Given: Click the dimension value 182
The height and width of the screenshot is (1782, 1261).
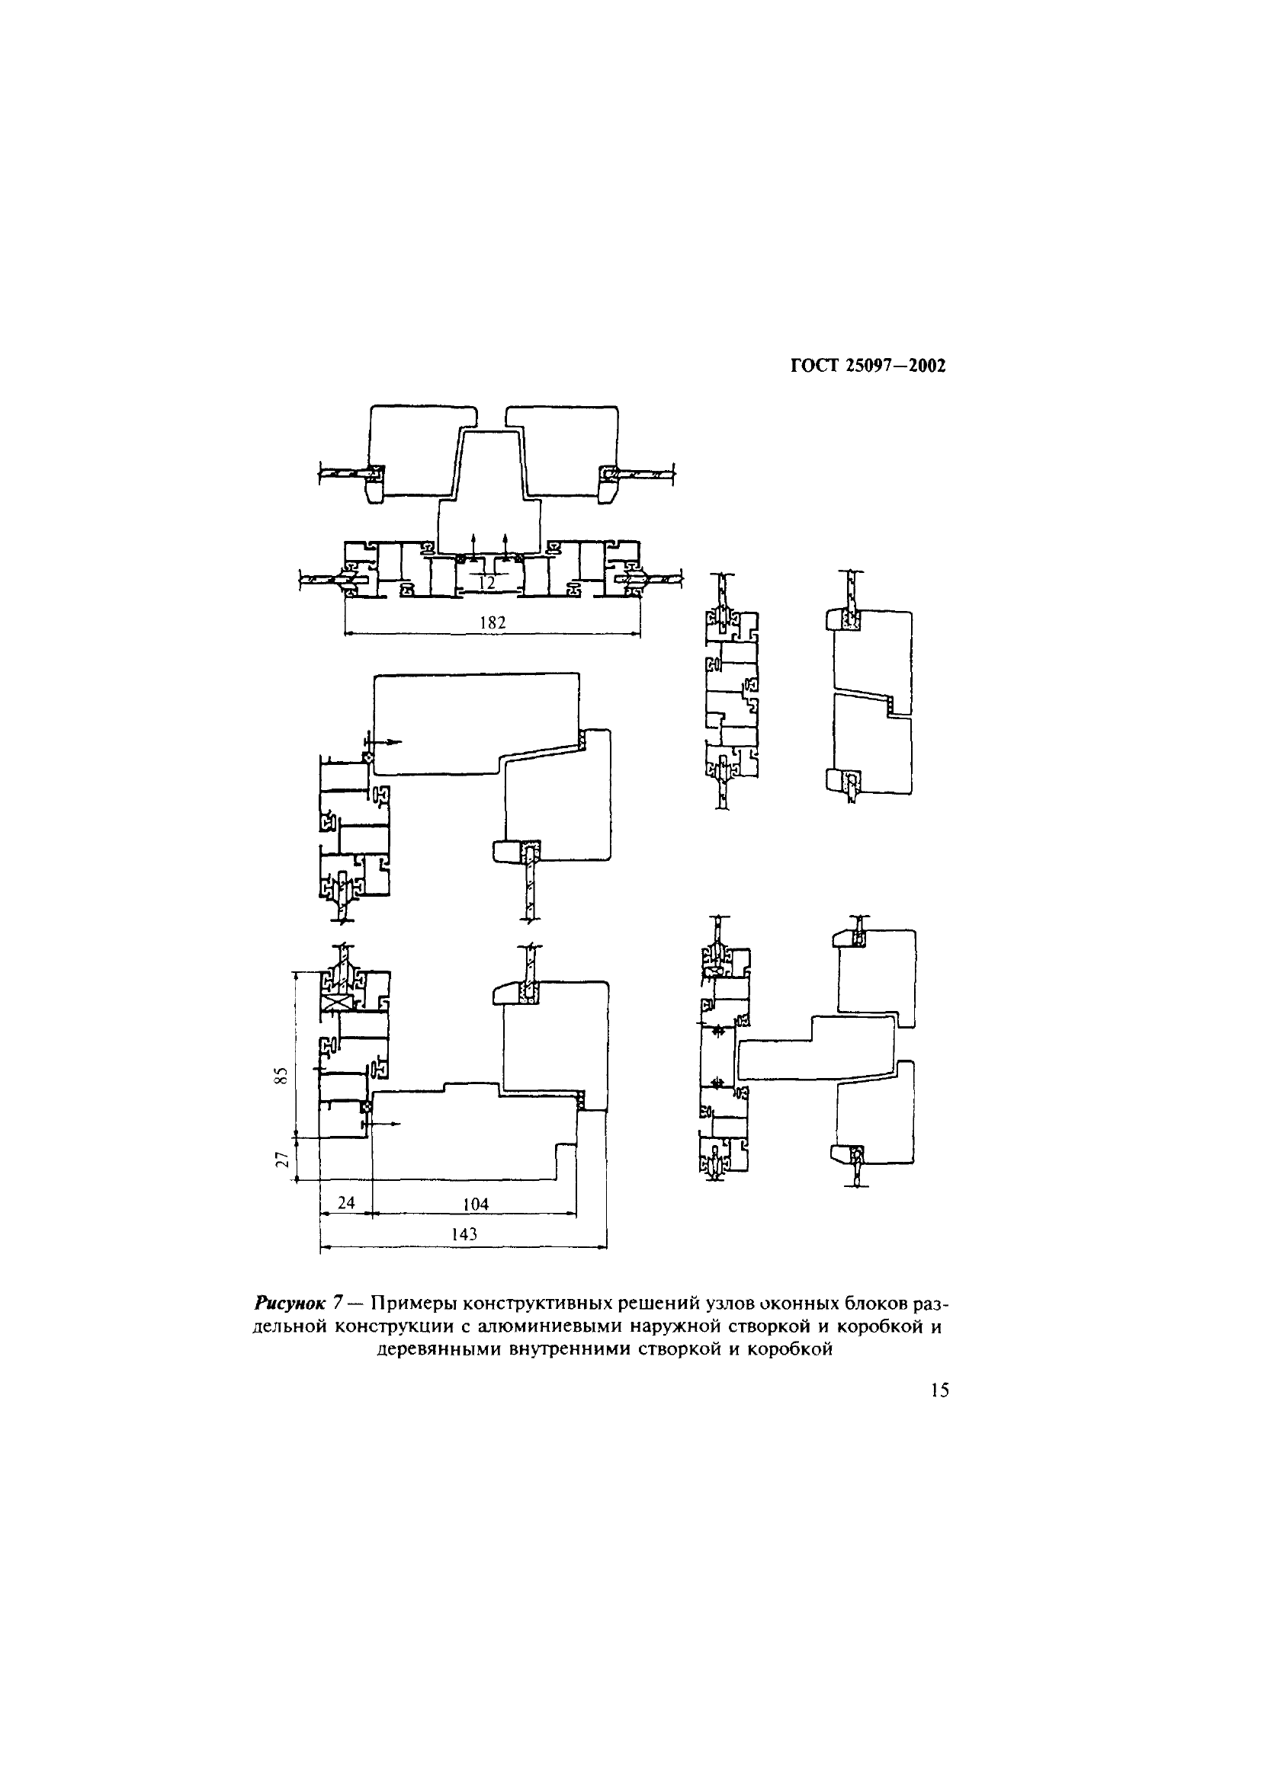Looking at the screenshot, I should (493, 622).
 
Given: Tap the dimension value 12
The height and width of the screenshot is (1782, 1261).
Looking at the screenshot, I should (487, 583).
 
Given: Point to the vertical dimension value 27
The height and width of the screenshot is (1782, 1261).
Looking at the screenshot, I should (284, 1160).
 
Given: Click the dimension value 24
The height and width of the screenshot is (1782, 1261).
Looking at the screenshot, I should (346, 1202).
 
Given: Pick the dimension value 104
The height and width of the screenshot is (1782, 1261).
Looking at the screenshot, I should (475, 1204).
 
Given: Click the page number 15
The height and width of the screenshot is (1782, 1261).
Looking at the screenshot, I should (939, 1390).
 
